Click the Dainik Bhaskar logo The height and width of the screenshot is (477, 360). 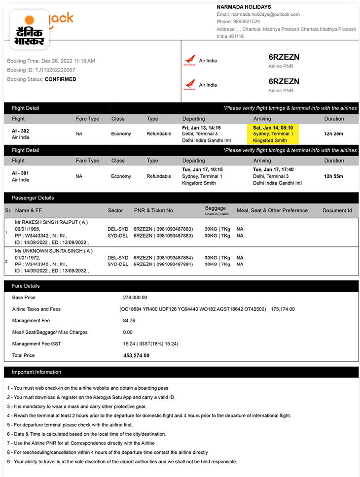click(29, 30)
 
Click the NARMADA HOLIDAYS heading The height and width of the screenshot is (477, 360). click(244, 7)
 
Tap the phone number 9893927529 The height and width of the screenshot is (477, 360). click(246, 22)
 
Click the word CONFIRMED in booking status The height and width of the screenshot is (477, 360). click(61, 79)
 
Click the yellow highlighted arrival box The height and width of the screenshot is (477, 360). click(273, 134)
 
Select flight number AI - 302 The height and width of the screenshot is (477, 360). click(21, 131)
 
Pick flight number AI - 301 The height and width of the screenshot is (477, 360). click(21, 173)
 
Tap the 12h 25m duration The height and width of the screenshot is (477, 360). click(333, 134)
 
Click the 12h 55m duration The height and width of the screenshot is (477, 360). click(333, 176)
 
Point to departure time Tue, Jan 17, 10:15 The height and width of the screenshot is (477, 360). click(202, 170)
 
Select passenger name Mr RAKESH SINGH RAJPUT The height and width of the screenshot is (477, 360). click(51, 222)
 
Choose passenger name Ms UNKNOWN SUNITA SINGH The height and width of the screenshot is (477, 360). click(54, 251)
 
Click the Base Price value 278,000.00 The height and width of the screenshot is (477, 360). click(135, 298)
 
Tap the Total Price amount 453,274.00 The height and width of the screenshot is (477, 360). click(136, 355)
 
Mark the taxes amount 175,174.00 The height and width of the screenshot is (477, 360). click(283, 309)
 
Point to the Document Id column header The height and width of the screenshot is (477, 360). click(337, 210)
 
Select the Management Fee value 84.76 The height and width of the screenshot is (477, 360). click(129, 321)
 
